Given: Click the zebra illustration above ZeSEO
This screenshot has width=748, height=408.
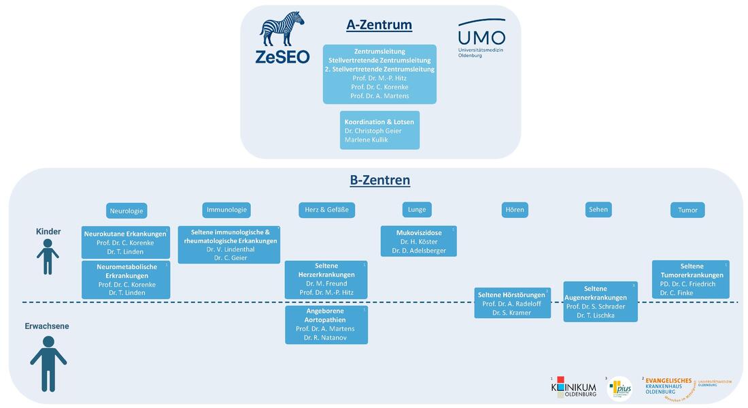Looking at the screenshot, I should pyautogui.click(x=282, y=29).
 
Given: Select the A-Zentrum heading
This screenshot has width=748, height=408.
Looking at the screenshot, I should pyautogui.click(x=379, y=25).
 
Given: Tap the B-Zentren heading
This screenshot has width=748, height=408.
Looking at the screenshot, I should pyautogui.click(x=379, y=181).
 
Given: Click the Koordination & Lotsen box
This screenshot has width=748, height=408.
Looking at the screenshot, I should pyautogui.click(x=379, y=130).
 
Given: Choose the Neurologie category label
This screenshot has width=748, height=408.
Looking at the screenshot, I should pyautogui.click(x=126, y=211).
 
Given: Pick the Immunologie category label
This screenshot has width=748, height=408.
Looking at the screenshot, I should pyautogui.click(x=226, y=210).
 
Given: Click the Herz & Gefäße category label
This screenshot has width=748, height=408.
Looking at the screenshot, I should pyautogui.click(x=326, y=210).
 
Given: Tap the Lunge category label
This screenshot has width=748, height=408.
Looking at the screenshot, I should pyautogui.click(x=416, y=210).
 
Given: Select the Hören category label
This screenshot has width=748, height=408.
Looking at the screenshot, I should pyautogui.click(x=515, y=210).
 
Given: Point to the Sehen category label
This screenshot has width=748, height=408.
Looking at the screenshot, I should pyautogui.click(x=598, y=210).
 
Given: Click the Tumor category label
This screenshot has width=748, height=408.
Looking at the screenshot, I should pyautogui.click(x=687, y=210).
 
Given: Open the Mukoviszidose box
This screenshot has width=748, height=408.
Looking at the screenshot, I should pyautogui.click(x=418, y=241).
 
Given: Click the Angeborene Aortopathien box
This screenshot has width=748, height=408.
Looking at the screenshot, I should pyautogui.click(x=326, y=324).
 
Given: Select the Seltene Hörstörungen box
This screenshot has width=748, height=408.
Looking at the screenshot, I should pyautogui.click(x=511, y=303).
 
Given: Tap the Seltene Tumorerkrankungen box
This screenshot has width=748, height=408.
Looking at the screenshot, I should pyautogui.click(x=690, y=279).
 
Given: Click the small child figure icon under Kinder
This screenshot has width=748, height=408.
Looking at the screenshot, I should pyautogui.click(x=48, y=258).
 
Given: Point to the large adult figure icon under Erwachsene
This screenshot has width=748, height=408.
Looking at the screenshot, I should pyautogui.click(x=48, y=360).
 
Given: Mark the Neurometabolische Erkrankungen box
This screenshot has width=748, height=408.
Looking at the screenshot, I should pyautogui.click(x=126, y=279).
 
